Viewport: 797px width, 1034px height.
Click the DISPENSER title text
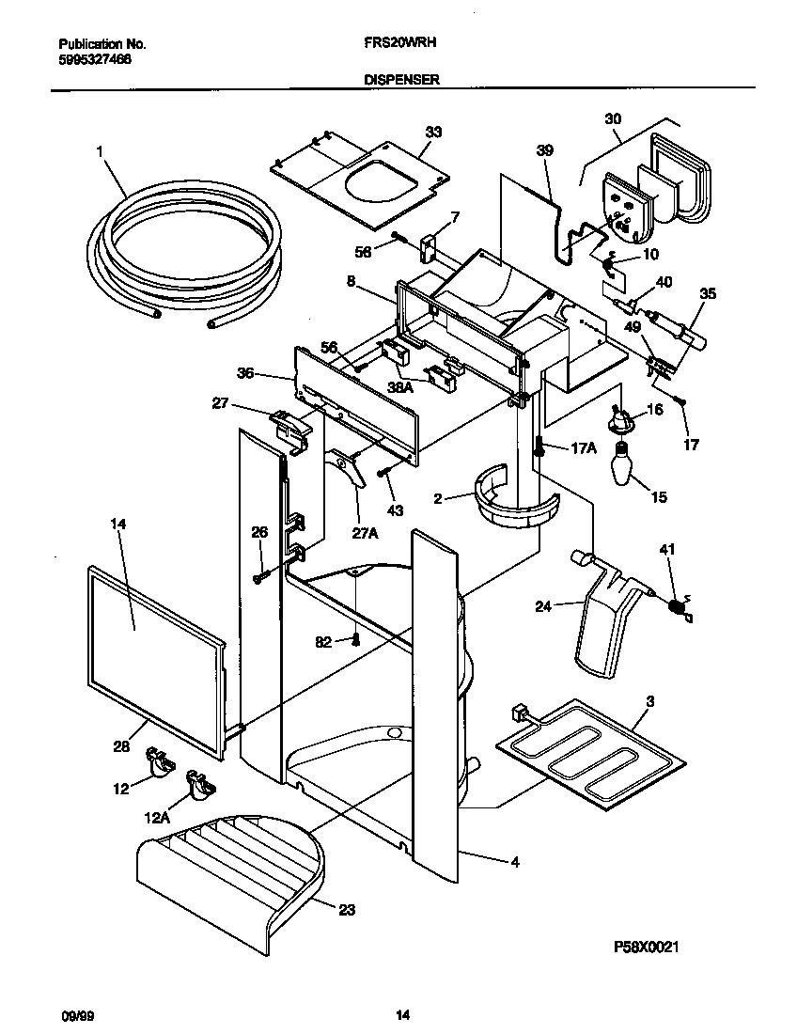[x=401, y=81]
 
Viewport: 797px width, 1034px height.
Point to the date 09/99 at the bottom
[x=74, y=1015]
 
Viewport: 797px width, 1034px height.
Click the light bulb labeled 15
[x=620, y=465]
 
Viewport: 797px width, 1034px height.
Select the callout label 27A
[x=366, y=533]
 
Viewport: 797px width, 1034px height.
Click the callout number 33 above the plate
[x=432, y=132]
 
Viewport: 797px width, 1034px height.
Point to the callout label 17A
[x=583, y=448]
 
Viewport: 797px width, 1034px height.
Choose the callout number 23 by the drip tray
[x=348, y=909]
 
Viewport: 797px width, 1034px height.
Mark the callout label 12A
[x=159, y=818]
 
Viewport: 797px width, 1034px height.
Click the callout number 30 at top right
[x=613, y=119]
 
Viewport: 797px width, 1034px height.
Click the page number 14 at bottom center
[x=401, y=1015]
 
